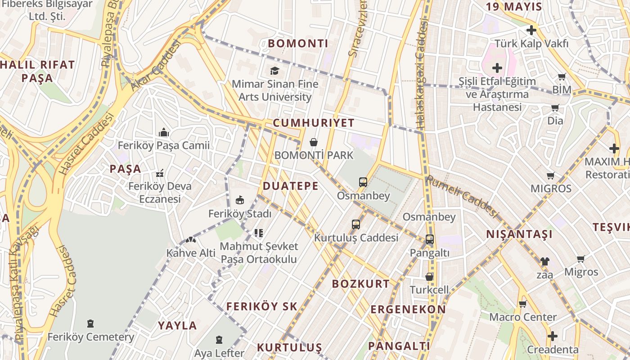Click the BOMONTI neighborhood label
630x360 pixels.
pyautogui.click(x=298, y=44)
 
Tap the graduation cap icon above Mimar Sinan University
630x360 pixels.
pyautogui.click(x=274, y=71)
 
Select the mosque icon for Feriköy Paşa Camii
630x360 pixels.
pyautogui.click(x=164, y=132)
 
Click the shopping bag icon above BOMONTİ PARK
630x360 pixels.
pyautogui.click(x=314, y=142)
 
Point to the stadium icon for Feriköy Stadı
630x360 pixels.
pyautogui.click(x=240, y=200)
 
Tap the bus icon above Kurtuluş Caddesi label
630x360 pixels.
pyautogui.click(x=356, y=224)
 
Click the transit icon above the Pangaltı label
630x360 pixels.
pyautogui.click(x=430, y=239)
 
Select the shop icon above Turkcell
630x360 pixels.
pyautogui.click(x=430, y=276)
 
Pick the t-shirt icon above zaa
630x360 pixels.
pyautogui.click(x=544, y=261)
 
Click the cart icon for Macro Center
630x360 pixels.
pyautogui.click(x=523, y=304)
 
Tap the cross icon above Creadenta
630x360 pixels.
pyautogui.click(x=553, y=336)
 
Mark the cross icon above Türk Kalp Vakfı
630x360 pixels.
pyautogui.click(x=531, y=31)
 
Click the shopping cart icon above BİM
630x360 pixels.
pyautogui.click(x=562, y=77)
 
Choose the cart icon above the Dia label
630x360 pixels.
pyautogui.click(x=555, y=108)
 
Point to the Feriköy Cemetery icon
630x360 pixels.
pyautogui.click(x=90, y=323)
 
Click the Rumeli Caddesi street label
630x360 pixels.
pyautogui.click(x=463, y=196)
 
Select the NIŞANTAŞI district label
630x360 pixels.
pyautogui.click(x=519, y=234)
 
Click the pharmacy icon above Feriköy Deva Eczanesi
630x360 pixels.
pyautogui.click(x=159, y=173)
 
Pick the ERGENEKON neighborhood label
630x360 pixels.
pyautogui.click(x=408, y=310)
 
